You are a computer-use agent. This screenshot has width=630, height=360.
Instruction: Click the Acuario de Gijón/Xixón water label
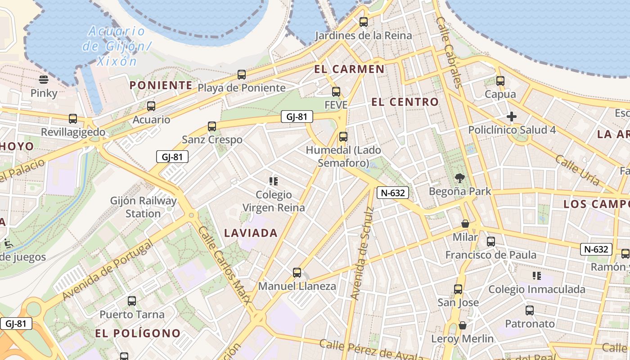(117, 46)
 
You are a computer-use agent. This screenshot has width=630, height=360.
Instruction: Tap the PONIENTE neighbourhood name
(161, 85)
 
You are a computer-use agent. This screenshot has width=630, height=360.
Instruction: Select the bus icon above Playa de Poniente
(242, 75)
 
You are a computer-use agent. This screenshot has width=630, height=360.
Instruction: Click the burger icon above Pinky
(44, 80)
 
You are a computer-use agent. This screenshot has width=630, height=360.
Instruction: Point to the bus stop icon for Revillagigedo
(73, 119)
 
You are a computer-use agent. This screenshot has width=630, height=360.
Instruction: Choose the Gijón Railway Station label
(144, 207)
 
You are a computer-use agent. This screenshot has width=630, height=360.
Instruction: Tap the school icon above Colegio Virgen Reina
(273, 181)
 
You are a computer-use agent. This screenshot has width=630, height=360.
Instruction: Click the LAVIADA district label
(251, 233)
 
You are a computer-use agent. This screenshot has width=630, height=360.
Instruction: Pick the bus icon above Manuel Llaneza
(297, 272)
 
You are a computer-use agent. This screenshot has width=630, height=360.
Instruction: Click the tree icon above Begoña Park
(460, 178)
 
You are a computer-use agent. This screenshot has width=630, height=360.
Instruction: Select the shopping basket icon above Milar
(465, 224)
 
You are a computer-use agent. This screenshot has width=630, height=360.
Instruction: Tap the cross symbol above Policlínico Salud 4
(512, 117)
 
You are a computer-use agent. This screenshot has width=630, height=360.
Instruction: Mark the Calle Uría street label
(577, 170)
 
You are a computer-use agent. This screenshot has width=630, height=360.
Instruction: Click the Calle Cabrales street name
(449, 52)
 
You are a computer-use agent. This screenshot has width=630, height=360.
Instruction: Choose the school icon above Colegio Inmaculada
(536, 275)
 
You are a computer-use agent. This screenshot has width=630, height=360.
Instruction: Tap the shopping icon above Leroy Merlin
(462, 325)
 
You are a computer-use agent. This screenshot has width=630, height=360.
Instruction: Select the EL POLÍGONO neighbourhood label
(138, 333)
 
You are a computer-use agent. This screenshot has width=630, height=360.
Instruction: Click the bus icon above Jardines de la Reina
(364, 22)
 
